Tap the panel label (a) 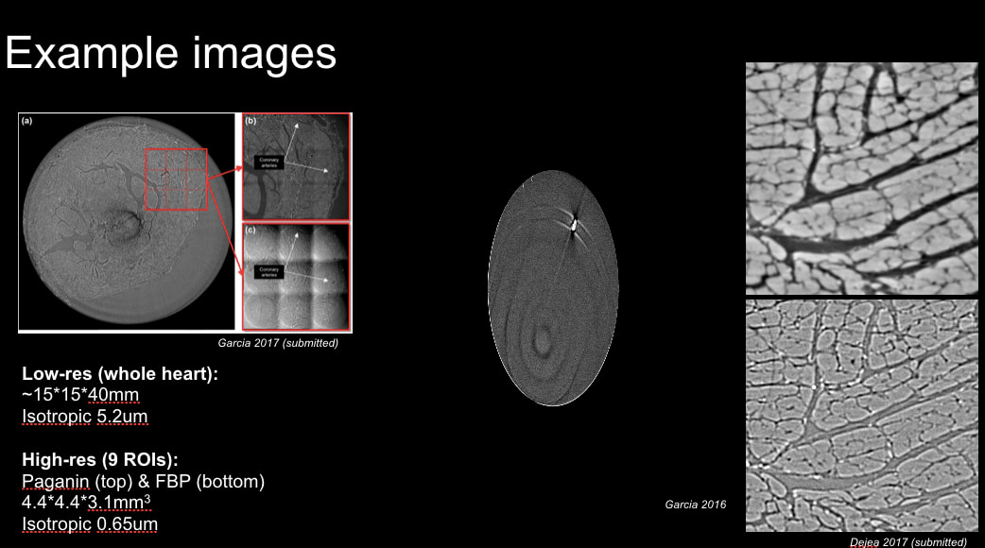pyautogui.click(x=28, y=121)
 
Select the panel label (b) pyautogui.click(x=251, y=122)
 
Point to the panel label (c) pyautogui.click(x=251, y=231)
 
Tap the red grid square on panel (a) pyautogui.click(x=176, y=180)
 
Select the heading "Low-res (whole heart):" pyautogui.click(x=120, y=374)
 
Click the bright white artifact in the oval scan pyautogui.click(x=573, y=225)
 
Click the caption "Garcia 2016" pyautogui.click(x=695, y=505)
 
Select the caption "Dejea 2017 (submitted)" pyautogui.click(x=907, y=541)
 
